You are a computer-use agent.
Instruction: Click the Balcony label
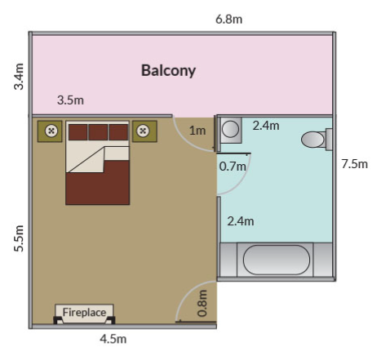coord(168,71)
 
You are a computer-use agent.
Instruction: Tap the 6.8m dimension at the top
coord(228,20)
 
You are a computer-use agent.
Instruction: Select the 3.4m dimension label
coord(19,77)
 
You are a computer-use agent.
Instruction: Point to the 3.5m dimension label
coord(70,100)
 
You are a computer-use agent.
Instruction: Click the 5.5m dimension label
coord(19,238)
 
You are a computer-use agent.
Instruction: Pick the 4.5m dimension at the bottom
coord(113,339)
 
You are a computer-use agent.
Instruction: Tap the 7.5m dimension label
coord(355,164)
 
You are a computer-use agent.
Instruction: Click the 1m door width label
coord(197,131)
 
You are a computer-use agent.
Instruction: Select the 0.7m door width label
coord(233,167)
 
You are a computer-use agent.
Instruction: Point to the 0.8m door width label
coord(202,304)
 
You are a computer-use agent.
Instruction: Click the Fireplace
coord(84,313)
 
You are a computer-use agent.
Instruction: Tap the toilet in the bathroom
coord(317,140)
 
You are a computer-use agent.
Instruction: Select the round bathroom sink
coord(231,130)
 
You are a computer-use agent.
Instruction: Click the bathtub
coord(276,260)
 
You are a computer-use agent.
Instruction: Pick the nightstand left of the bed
coord(50,131)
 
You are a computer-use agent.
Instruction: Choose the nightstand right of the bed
coord(144,131)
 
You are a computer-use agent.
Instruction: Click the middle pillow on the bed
coord(98,132)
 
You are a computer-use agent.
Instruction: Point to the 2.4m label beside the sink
coord(266,126)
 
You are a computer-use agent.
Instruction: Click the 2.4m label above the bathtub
coord(241,221)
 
